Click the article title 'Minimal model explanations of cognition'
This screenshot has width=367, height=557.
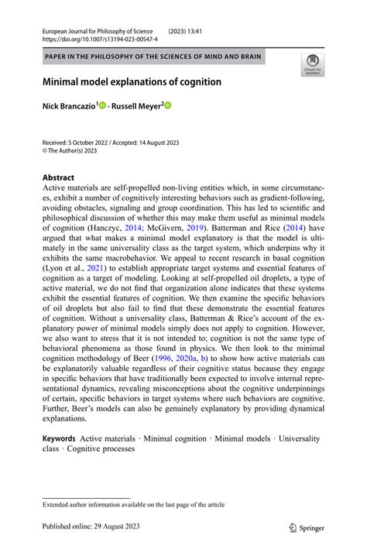tap(132, 82)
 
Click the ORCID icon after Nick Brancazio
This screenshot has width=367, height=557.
tap(101, 105)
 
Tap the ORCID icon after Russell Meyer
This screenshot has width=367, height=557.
tap(167, 105)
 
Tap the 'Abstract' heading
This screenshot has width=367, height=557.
tap(59, 177)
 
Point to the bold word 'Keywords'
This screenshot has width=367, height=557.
tap(59, 438)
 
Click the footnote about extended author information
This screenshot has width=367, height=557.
tap(133, 504)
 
